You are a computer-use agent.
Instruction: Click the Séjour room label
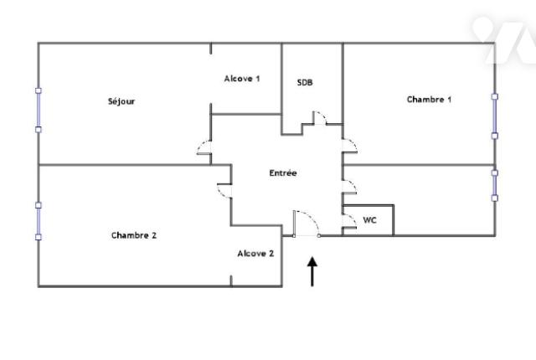pyautogui.click(x=121, y=101)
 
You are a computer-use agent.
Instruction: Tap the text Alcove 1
pyautogui.click(x=242, y=79)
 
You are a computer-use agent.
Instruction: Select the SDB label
pyautogui.click(x=305, y=82)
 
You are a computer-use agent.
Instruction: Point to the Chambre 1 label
pyautogui.click(x=429, y=99)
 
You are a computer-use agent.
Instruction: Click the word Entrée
pyautogui.click(x=283, y=173)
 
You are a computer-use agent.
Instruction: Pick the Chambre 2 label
pyautogui.click(x=134, y=235)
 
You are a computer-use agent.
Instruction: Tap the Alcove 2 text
pyautogui.click(x=255, y=253)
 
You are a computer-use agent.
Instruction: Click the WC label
pyautogui.click(x=369, y=220)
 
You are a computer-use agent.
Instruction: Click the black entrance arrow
pyautogui.click(x=313, y=271)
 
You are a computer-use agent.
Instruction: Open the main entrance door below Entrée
pyautogui.click(x=305, y=224)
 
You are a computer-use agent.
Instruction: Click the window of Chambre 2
pyautogui.click(x=38, y=220)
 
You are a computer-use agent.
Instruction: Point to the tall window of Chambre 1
pyautogui.click(x=495, y=116)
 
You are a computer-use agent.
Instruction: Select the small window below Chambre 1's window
pyautogui.click(x=495, y=185)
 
